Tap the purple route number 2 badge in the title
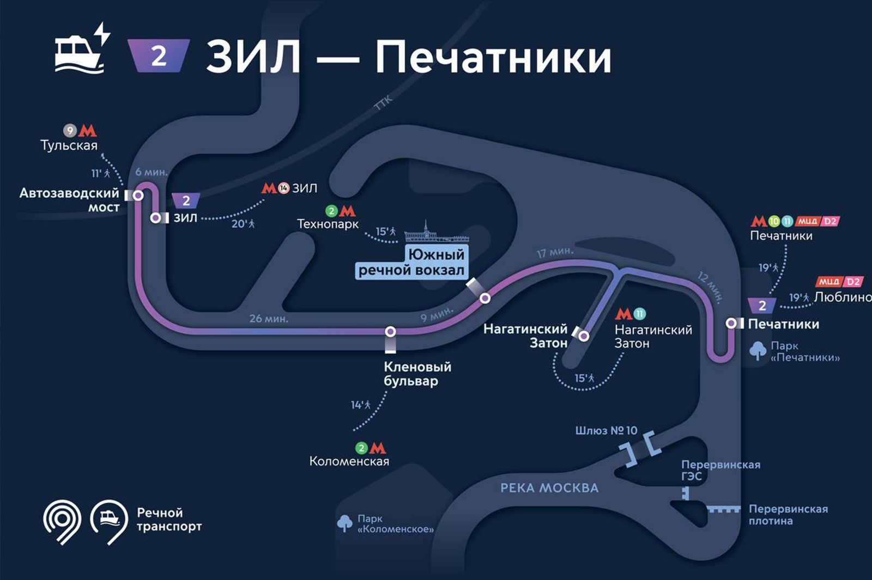[158, 56]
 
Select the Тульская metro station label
[69, 145]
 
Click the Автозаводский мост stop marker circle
[138, 195]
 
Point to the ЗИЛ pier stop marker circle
[156, 218]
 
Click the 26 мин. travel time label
[269, 319]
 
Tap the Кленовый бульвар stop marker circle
[390, 331]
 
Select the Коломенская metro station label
[349, 461]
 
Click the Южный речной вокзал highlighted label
[411, 262]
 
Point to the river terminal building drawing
[436, 232]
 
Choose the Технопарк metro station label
[328, 224]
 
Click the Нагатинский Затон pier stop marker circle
[584, 336]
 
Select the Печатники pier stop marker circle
[731, 323]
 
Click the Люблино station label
[843, 297]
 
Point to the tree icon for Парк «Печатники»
[758, 351]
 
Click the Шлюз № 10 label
[606, 431]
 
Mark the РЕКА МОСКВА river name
[549, 488]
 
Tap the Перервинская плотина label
[788, 515]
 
